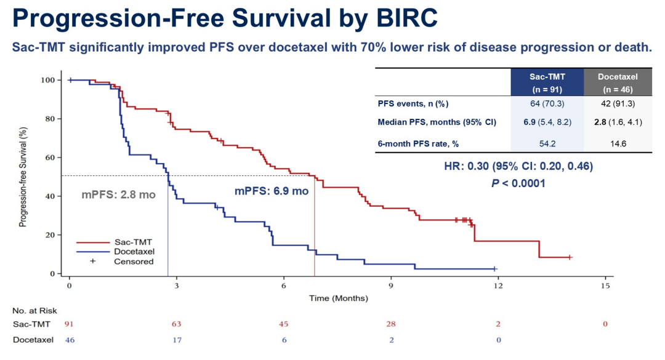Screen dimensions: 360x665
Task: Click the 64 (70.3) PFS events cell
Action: (547, 103)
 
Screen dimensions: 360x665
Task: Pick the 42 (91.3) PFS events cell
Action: (618, 103)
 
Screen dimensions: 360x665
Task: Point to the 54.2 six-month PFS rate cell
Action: (547, 143)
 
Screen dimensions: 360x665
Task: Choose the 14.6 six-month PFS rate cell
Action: (618, 143)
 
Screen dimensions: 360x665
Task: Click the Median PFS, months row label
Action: (437, 122)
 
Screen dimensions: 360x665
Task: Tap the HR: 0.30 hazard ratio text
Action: (518, 167)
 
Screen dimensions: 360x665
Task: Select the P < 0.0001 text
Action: (518, 183)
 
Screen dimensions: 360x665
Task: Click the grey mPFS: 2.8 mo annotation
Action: (119, 195)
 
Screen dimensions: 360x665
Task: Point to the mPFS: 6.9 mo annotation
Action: (272, 191)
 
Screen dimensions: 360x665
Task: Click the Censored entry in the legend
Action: (134, 261)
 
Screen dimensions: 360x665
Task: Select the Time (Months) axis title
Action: (339, 298)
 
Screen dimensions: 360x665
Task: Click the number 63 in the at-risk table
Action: (177, 324)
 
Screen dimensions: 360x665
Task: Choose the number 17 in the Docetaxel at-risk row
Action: (177, 340)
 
